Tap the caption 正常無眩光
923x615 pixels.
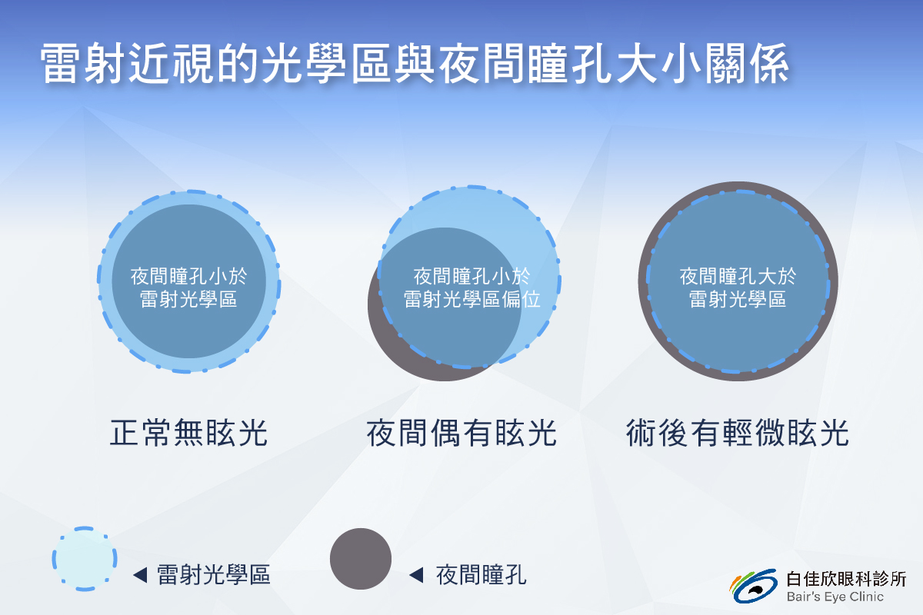click(x=188, y=433)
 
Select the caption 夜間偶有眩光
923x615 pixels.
click(x=461, y=433)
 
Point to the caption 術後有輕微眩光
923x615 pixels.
click(x=738, y=433)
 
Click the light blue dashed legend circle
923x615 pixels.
click(x=85, y=559)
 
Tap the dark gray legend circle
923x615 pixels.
click(x=361, y=559)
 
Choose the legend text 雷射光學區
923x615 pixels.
click(x=214, y=574)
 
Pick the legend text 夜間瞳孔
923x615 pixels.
click(x=481, y=574)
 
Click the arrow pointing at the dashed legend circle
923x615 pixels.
click(x=140, y=575)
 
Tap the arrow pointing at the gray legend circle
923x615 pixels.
click(x=416, y=575)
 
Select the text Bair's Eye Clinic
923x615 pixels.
click(x=835, y=597)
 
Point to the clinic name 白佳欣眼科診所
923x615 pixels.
click(x=846, y=579)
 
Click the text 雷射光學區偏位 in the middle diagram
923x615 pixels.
click(x=471, y=299)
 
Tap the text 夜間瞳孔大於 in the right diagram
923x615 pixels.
click(x=738, y=276)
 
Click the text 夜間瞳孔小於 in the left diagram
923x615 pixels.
click(x=188, y=276)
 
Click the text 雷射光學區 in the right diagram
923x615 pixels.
click(x=738, y=299)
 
